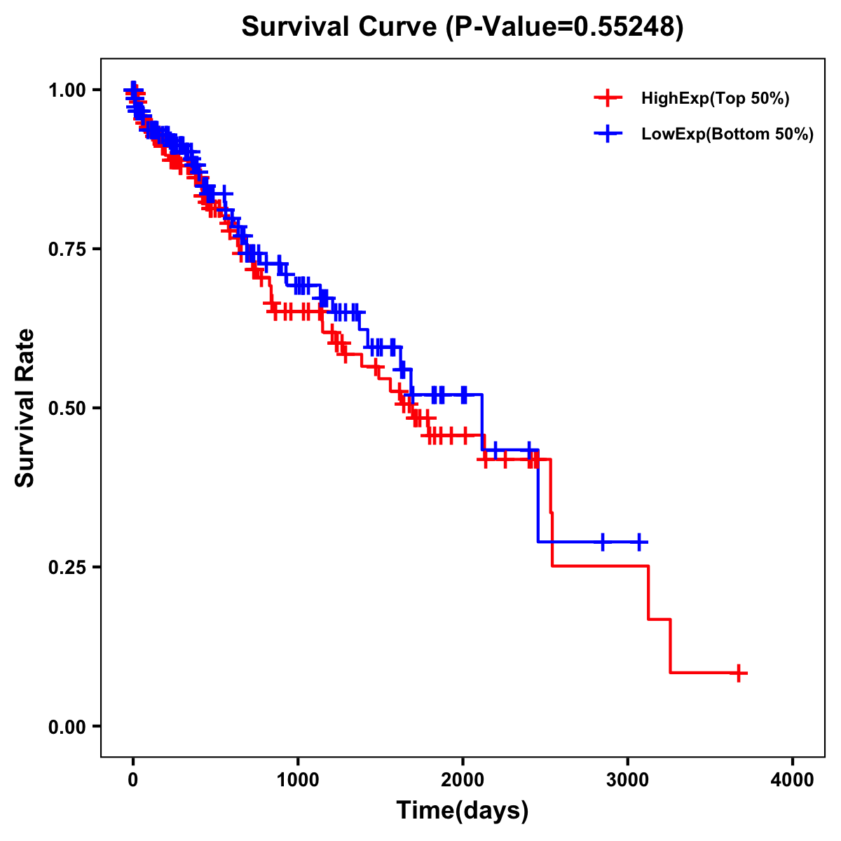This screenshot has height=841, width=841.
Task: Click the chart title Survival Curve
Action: tap(462, 27)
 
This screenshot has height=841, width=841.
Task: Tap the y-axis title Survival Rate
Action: tap(25, 407)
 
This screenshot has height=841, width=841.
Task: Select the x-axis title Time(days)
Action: tap(463, 811)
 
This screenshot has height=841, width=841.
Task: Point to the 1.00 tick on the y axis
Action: tap(67, 90)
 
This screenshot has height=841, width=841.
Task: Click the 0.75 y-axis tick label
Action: tap(67, 249)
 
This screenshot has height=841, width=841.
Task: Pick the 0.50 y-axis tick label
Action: tap(67, 408)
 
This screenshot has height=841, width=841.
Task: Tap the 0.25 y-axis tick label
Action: tap(67, 567)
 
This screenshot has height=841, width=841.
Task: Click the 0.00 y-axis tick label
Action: tap(67, 727)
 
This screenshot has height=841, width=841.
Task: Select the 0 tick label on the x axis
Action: tap(132, 780)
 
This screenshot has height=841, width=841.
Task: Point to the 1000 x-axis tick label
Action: tap(298, 780)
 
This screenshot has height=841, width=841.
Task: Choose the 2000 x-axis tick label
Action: tap(463, 780)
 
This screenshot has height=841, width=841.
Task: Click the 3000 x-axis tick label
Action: tap(628, 780)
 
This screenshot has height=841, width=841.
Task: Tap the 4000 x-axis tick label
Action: tap(793, 780)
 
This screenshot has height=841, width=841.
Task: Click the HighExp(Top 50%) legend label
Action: tap(715, 99)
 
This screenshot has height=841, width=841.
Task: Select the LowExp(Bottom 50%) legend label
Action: tap(727, 134)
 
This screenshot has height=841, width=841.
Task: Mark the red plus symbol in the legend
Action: tap(608, 98)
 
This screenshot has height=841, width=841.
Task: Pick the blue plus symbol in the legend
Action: tap(608, 133)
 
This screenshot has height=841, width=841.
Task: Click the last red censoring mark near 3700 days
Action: tap(738, 673)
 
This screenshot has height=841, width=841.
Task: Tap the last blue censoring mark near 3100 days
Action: tap(639, 542)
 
